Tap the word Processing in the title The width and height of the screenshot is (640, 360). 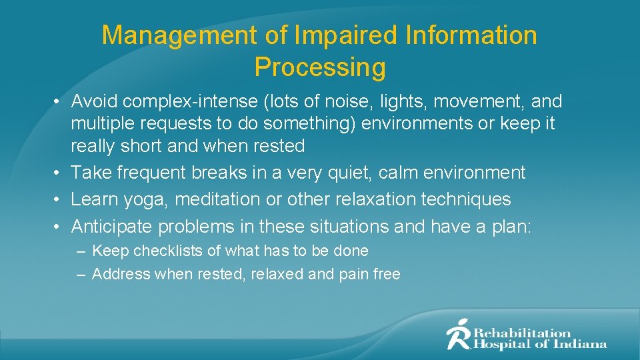tap(320, 67)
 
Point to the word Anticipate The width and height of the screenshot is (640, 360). tap(111, 227)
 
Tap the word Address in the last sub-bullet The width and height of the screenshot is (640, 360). tap(121, 274)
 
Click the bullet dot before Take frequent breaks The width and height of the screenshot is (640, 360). tap(59, 173)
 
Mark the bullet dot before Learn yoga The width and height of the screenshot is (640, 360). tap(59, 199)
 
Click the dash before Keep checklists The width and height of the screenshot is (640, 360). tap(80, 251)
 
